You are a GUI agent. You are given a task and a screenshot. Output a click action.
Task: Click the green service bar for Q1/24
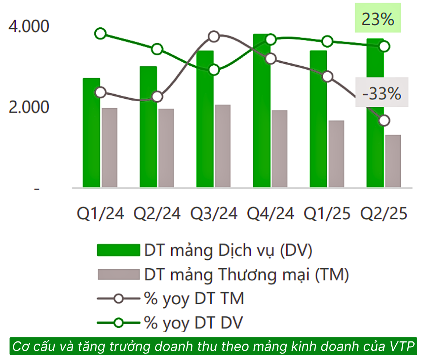[x=91, y=138]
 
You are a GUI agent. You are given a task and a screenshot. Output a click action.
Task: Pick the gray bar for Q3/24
[x=223, y=146]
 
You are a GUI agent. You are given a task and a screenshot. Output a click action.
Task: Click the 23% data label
[x=378, y=19]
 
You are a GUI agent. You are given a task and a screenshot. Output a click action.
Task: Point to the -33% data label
[x=382, y=94]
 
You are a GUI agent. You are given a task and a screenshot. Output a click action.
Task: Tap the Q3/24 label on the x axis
[x=213, y=214]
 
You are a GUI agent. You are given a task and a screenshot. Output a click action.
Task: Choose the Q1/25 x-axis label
[x=327, y=214]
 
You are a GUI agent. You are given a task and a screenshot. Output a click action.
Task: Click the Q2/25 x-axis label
[x=383, y=214]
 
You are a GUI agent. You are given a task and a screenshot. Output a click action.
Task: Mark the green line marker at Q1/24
[x=101, y=34]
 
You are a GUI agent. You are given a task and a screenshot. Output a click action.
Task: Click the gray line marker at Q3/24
[x=214, y=36]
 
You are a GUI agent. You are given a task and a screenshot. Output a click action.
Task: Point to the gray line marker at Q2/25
[x=384, y=121]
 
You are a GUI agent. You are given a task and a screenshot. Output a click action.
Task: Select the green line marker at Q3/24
[x=214, y=70]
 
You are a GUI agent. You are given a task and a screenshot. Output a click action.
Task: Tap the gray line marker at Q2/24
[x=157, y=97]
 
